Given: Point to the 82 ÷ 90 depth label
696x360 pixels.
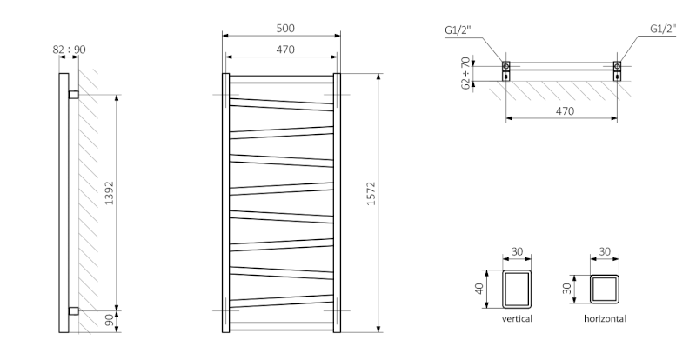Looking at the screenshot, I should point(69,50).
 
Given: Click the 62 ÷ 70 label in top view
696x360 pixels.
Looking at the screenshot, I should point(466,72).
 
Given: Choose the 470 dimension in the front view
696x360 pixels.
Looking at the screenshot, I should point(281,50).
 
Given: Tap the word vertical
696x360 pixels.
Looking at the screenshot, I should point(517,319).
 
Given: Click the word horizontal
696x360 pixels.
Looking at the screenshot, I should point(605,319).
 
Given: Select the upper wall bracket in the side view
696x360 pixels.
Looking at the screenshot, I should point(73,93).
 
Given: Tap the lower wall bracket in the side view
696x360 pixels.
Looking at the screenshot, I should point(73,310).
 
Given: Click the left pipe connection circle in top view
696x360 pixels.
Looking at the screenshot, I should point(505,66).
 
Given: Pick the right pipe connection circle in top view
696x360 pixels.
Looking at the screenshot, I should point(618,66).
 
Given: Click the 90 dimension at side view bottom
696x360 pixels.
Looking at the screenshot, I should point(109,321).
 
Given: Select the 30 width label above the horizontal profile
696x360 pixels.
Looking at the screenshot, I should point(605,252).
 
